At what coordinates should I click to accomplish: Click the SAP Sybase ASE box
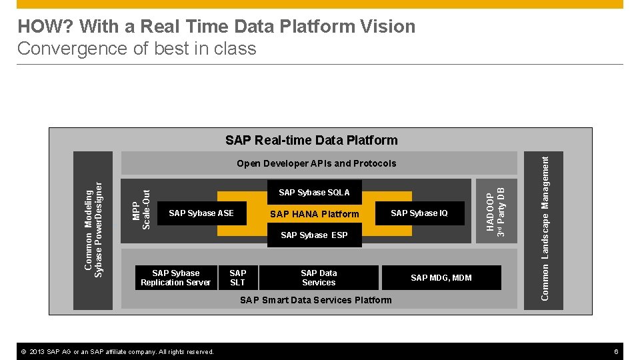(201, 213)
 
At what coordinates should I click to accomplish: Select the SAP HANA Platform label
(314, 214)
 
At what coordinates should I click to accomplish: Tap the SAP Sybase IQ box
(419, 213)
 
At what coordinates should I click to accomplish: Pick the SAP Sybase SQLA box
(314, 193)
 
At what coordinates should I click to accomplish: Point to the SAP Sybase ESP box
(314, 235)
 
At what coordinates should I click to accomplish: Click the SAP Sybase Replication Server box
(175, 278)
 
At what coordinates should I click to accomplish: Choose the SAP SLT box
(237, 278)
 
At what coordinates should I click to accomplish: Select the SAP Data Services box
(319, 278)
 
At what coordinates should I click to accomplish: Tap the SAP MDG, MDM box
(441, 278)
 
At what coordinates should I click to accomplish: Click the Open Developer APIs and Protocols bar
(316, 163)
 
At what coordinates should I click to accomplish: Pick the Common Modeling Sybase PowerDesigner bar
(93, 231)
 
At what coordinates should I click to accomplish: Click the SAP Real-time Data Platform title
(311, 140)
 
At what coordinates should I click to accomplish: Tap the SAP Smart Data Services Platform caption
(316, 300)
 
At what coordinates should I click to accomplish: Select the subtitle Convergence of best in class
(137, 49)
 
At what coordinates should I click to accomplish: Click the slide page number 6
(617, 351)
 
